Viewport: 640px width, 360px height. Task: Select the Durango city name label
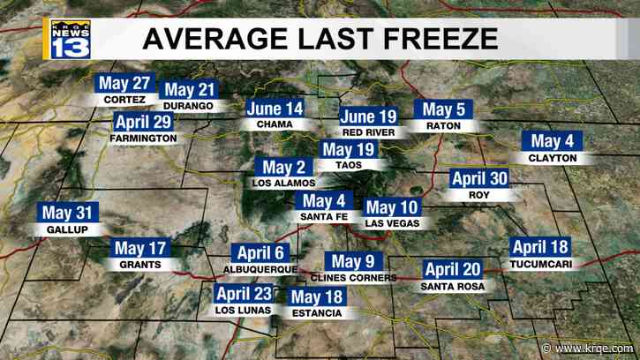tap(188, 106)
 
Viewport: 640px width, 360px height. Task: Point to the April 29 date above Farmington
tap(143, 123)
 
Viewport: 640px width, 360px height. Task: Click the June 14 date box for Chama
tap(275, 109)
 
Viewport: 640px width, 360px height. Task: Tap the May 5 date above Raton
tap(443, 110)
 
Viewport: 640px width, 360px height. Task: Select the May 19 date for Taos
tap(350, 149)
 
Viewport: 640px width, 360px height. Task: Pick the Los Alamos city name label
tap(283, 184)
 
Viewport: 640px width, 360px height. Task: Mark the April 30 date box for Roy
tap(479, 177)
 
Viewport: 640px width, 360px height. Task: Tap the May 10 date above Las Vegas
tap(392, 208)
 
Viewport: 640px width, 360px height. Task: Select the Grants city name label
tap(141, 264)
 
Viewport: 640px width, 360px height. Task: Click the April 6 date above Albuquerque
tap(260, 251)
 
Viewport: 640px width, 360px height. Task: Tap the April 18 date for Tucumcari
tap(540, 248)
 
